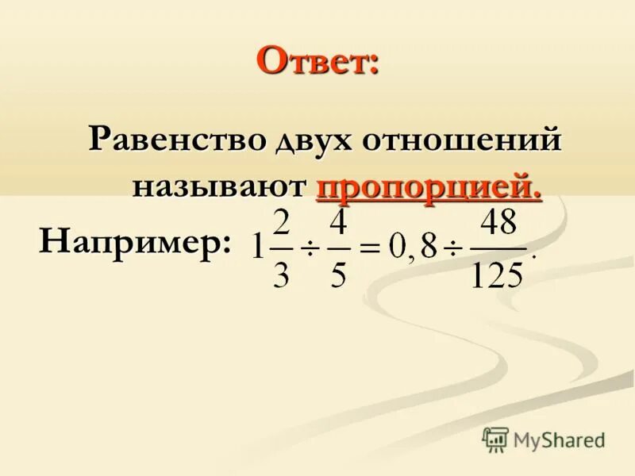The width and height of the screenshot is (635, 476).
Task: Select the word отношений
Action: [x=463, y=142]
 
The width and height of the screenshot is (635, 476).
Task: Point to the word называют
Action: [x=219, y=187]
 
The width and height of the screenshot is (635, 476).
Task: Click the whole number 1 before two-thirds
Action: [x=257, y=248]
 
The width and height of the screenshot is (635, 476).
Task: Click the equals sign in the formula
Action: [x=369, y=248]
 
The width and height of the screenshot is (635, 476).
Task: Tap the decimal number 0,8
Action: [x=413, y=248]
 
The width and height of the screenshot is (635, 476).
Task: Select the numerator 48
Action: [x=498, y=223]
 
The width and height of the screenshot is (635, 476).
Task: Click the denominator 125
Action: [x=497, y=274]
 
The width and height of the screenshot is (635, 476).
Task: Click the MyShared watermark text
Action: [x=559, y=439]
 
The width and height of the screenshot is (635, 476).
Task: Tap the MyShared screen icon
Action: [x=495, y=440]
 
